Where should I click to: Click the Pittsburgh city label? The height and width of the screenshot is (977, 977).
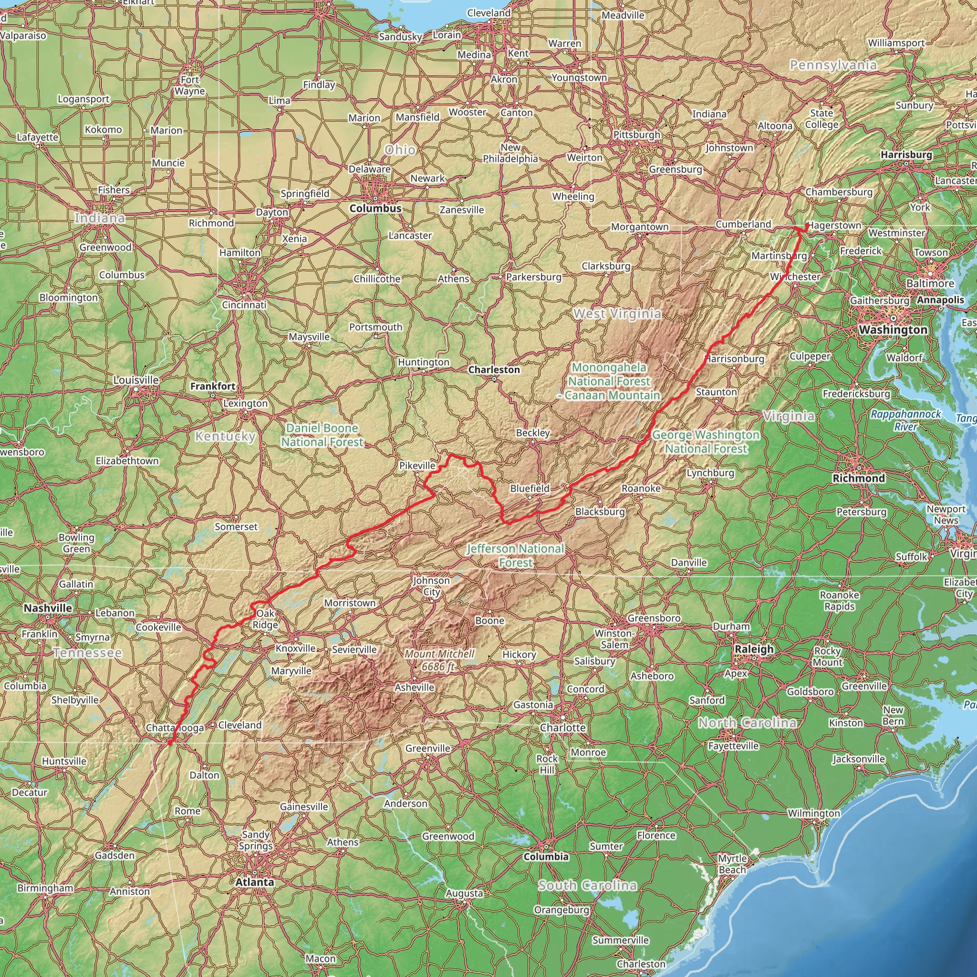[x=637, y=135]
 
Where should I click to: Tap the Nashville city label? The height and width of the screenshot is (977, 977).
[x=48, y=608]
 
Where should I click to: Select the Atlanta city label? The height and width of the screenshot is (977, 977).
[x=254, y=882]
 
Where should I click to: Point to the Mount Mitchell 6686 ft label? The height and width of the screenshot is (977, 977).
[x=439, y=660]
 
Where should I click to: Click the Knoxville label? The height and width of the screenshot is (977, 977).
[x=295, y=648]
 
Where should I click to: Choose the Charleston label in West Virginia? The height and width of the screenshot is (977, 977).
[x=494, y=370]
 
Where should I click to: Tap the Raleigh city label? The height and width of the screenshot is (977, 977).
[x=754, y=649]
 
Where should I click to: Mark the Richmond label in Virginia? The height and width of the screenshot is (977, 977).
[x=859, y=478]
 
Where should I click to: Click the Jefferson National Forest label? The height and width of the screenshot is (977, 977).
[x=515, y=555]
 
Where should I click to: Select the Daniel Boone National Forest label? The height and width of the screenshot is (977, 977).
[x=322, y=435]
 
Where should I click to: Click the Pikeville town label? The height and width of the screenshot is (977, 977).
[x=417, y=465]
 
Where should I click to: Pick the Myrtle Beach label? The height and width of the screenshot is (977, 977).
[x=732, y=864]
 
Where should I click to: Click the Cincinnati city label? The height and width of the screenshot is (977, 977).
[x=244, y=305]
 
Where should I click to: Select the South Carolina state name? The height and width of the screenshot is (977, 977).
[x=587, y=885]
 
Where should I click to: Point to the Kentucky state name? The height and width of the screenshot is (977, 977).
[x=226, y=436]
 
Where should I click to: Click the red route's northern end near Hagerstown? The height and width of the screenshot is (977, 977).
[x=806, y=225]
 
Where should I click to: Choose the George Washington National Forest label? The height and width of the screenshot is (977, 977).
[x=706, y=441]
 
